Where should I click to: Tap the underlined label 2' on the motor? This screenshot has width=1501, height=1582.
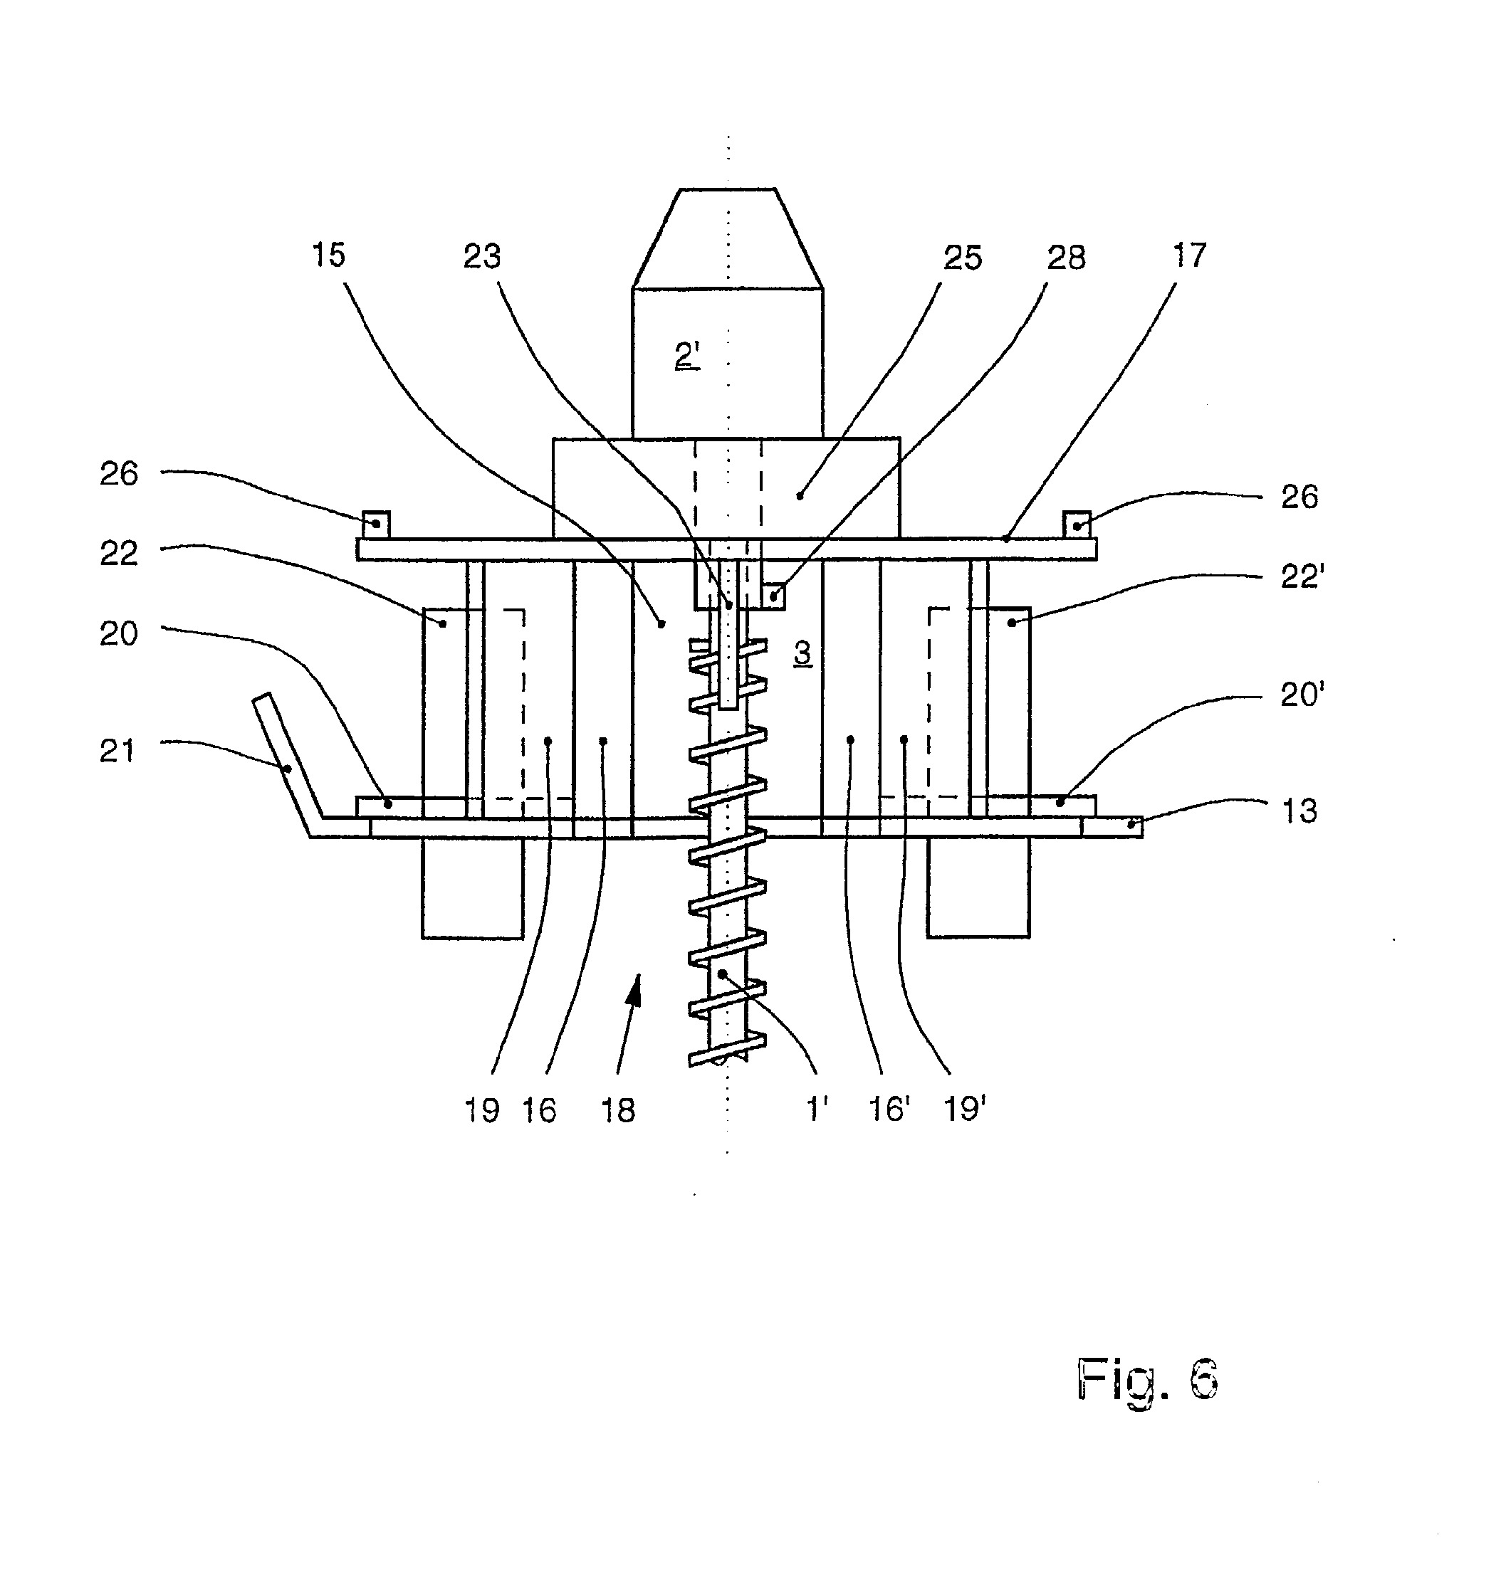687,355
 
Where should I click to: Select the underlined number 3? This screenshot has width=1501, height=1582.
802,653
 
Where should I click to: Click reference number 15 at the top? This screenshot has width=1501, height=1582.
328,255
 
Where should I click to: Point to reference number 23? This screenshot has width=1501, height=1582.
481,257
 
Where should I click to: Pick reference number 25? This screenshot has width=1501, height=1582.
963,258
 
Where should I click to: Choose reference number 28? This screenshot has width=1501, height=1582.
1067,258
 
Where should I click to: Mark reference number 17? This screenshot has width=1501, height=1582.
1189,256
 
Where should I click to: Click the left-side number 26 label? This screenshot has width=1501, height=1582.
119,473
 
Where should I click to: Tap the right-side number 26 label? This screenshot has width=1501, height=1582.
1299,497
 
